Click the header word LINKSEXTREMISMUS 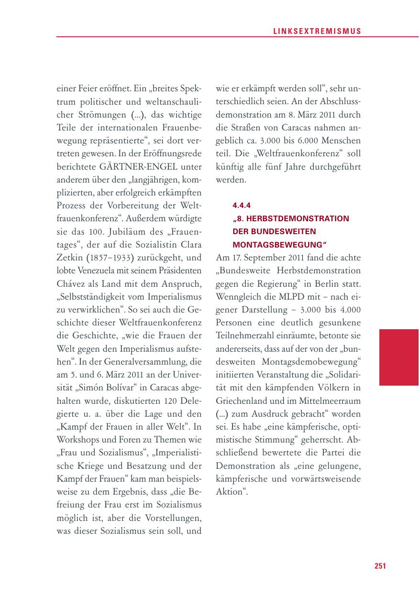click(317, 31)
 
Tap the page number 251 click(380, 566)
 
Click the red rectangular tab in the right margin click(398, 357)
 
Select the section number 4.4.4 click(241, 206)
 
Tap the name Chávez click(70, 283)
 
